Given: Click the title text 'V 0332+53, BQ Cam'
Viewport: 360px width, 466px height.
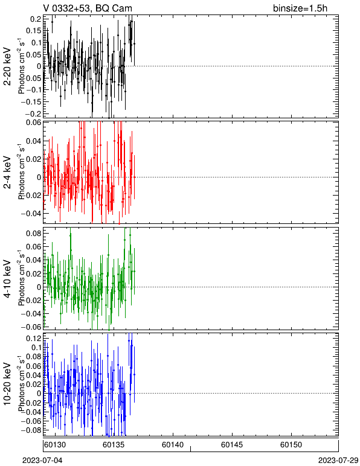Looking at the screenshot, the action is tap(88, 8).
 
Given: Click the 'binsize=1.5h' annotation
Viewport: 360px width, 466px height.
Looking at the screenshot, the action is tap(300, 8).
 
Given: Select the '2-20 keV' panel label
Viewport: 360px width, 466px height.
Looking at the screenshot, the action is tap(7, 66).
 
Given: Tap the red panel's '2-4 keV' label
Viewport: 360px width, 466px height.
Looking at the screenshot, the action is tap(7, 173).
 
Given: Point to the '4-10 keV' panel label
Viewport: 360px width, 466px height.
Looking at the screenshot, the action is tap(7, 279).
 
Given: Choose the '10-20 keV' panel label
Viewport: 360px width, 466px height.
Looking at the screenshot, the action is tap(7, 384).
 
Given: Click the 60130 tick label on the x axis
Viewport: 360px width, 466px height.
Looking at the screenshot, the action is tap(54, 445).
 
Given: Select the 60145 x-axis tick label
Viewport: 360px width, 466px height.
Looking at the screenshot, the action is tap(232, 445).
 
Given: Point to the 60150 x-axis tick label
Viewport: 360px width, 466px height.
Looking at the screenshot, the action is tap(291, 445).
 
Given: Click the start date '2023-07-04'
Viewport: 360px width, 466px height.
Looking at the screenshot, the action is tap(42, 461).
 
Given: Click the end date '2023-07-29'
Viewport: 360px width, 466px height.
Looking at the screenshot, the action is tap(338, 461).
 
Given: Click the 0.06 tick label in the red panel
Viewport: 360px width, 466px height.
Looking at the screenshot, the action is tap(33, 122).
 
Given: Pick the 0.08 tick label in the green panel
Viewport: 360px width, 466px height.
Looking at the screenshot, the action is tap(33, 233).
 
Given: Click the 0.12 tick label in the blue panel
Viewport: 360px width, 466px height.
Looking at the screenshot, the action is tap(33, 338).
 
